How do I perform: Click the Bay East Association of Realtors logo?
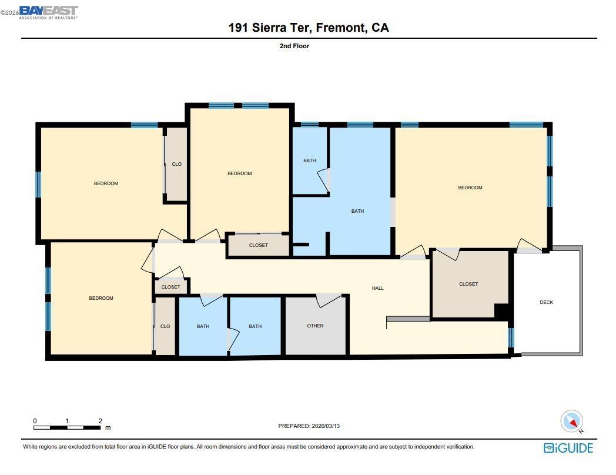tap(48, 12)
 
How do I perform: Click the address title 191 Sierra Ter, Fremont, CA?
tap(309, 28)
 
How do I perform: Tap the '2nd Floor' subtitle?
tap(294, 46)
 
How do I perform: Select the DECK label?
tap(546, 302)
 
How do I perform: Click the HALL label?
tap(377, 288)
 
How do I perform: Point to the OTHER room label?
tap(315, 326)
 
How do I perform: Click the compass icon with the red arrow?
tap(572, 422)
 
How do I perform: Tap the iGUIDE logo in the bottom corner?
tap(568, 448)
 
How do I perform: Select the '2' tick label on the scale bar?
tap(101, 421)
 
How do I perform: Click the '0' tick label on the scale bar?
tap(35, 421)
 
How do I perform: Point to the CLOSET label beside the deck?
tap(468, 284)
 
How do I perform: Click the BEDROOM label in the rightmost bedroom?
tap(470, 188)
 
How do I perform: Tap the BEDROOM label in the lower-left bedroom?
tap(101, 298)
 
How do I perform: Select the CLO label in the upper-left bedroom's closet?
tap(176, 164)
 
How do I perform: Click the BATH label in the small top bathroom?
tap(309, 160)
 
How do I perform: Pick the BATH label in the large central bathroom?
tap(357, 211)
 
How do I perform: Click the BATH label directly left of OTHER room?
tap(255, 326)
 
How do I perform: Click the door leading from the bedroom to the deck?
tap(527, 246)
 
